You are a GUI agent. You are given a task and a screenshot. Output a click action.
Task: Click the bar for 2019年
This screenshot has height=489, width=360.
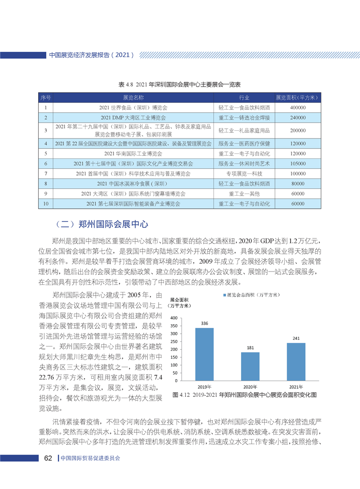click(204, 354)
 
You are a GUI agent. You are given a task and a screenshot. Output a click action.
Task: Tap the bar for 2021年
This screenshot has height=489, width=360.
click(296, 361)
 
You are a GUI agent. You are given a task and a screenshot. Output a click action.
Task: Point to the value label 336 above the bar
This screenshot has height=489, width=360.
click(204, 323)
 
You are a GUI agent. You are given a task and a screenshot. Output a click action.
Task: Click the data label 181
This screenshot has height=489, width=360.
click(250, 347)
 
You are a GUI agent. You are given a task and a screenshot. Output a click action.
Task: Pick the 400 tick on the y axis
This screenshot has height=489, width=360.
click(174, 318)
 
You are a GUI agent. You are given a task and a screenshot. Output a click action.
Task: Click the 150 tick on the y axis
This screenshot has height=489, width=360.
click(174, 357)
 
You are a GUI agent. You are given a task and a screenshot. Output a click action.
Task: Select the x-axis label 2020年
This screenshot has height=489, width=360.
click(250, 386)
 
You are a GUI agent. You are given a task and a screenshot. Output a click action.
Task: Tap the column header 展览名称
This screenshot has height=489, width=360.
click(133, 98)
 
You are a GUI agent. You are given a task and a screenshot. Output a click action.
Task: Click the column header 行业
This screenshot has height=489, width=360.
click(244, 98)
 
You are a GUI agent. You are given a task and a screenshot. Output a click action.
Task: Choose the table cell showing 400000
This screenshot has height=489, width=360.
click(297, 108)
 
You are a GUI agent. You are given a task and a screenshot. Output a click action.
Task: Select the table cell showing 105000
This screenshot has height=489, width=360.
click(297, 163)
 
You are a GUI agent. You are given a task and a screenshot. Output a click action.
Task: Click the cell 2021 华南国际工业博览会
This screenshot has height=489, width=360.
click(133, 153)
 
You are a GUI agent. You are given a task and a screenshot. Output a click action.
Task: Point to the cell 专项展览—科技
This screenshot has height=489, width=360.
click(244, 173)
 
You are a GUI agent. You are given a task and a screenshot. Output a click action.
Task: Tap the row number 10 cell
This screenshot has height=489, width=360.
click(45, 204)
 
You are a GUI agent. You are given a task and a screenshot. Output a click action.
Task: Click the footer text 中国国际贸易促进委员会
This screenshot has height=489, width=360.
click(91, 458)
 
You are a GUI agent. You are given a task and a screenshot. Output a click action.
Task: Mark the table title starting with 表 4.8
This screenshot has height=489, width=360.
click(179, 85)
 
